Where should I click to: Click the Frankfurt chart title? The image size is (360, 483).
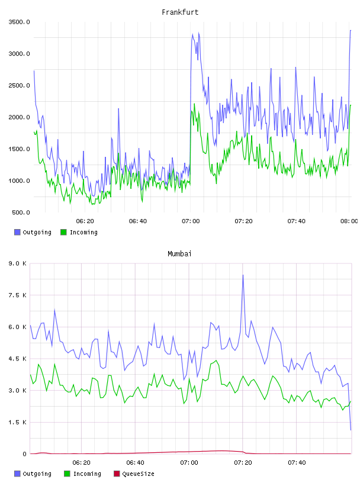point(180,12)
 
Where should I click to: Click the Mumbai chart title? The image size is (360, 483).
point(179,254)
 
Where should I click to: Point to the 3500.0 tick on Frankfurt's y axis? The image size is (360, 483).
point(19,22)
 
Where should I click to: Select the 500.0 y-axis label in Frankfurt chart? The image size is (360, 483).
point(21,212)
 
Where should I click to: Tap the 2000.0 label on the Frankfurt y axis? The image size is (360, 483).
point(19,117)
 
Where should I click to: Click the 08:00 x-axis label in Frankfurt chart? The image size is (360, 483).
point(349,221)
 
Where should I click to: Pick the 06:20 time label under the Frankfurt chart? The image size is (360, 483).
point(85,221)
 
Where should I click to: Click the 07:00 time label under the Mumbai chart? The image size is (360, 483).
point(189,463)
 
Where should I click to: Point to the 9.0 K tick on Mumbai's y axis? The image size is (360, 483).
point(17,263)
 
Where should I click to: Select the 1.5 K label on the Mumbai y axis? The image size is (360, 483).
point(17,422)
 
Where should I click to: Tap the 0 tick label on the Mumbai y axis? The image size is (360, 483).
point(24,454)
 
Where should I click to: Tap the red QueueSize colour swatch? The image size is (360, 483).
point(117,474)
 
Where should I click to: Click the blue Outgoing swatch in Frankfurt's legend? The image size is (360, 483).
point(17,232)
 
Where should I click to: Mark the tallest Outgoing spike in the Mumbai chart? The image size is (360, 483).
point(243,275)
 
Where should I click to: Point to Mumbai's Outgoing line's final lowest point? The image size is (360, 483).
point(351,430)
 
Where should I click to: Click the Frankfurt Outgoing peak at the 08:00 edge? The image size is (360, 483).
point(351,31)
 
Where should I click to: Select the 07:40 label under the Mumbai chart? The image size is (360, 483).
point(297,463)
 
